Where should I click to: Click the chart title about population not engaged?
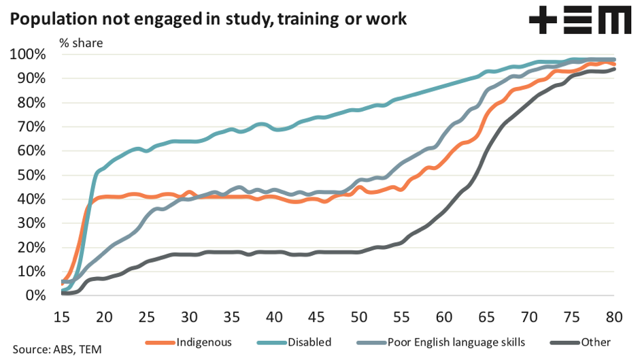[208, 18]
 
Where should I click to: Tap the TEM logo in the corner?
[579, 21]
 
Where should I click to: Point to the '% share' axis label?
[80, 43]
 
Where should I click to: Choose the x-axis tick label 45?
[316, 316]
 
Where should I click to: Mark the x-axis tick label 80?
[613, 316]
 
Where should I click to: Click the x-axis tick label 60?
[443, 316]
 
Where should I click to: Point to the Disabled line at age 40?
[274, 127]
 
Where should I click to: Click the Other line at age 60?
[444, 212]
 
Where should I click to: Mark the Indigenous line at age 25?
[146, 197]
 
